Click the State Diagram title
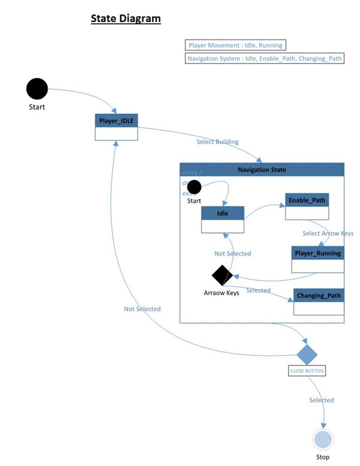[126, 19]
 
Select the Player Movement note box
[235, 45]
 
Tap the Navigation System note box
[265, 59]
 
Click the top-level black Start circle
[37, 89]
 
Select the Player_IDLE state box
[116, 127]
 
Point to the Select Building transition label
[218, 142]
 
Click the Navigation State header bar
[262, 169]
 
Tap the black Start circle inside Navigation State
[194, 187]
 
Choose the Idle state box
[222, 219]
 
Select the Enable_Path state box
[307, 206]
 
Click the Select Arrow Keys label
[328, 233]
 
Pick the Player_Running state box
[318, 259]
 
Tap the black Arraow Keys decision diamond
[222, 275]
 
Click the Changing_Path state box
[319, 301]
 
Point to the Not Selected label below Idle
[233, 254]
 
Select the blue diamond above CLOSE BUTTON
[307, 354]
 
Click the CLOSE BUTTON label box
[307, 371]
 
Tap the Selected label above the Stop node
[321, 400]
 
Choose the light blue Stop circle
[323, 440]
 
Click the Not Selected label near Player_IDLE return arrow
[142, 309]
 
